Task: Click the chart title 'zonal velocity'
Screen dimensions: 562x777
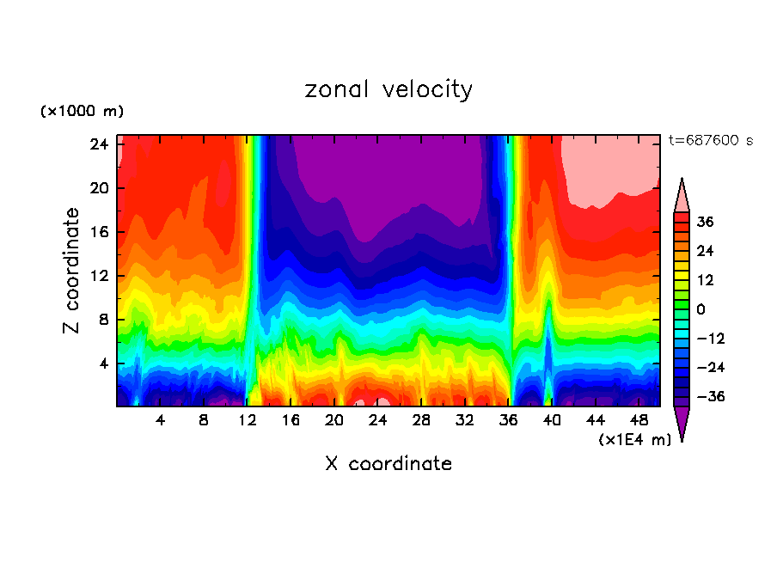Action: pos(388,89)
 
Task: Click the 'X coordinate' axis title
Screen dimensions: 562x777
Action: pos(388,464)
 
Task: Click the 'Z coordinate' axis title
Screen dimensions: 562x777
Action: pos(72,272)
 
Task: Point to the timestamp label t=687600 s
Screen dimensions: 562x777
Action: pos(710,141)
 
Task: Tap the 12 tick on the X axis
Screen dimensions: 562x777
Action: pos(248,420)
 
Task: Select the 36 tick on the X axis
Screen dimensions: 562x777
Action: pos(508,420)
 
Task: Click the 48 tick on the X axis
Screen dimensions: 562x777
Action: pos(639,420)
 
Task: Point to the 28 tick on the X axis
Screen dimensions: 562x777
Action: pos(421,420)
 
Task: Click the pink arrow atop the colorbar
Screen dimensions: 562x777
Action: pos(682,196)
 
